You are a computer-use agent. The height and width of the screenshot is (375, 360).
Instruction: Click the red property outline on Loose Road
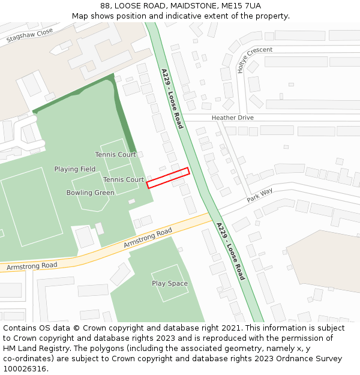pyautogui.click(x=168, y=178)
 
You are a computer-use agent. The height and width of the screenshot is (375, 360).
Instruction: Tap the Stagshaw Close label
pyautogui.click(x=30, y=35)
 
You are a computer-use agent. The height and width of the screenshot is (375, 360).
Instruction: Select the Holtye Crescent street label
pyautogui.click(x=254, y=59)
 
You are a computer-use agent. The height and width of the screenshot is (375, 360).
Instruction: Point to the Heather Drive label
pyautogui.click(x=232, y=118)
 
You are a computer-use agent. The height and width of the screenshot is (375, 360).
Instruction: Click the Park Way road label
pyautogui.click(x=259, y=195)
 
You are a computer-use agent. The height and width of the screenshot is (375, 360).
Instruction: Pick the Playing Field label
pyautogui.click(x=75, y=169)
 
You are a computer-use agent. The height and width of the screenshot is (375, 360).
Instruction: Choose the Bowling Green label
pyautogui.click(x=90, y=193)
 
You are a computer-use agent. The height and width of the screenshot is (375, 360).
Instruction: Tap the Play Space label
pyautogui.click(x=170, y=283)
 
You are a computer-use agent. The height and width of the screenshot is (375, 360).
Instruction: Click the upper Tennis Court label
pyautogui.click(x=115, y=155)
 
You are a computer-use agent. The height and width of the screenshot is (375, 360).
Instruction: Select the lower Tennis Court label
pyautogui.click(x=123, y=179)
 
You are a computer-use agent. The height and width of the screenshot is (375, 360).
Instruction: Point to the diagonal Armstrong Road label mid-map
pyautogui.click(x=148, y=238)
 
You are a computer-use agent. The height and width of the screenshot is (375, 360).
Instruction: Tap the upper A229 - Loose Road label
pyautogui.click(x=172, y=98)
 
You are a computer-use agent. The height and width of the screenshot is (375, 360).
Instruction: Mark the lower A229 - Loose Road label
pyautogui.click(x=230, y=251)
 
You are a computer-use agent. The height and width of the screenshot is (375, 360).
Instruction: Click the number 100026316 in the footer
pyautogui.click(x=26, y=369)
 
